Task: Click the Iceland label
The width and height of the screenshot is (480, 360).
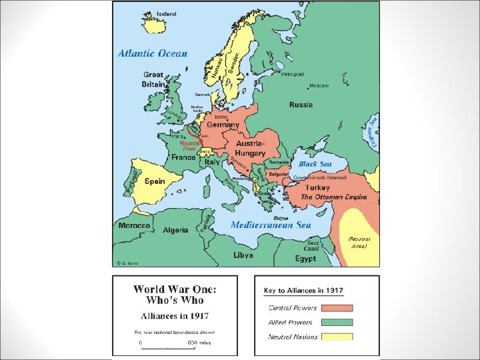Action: (x=167, y=14)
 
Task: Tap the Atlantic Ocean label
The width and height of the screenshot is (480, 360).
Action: (x=153, y=53)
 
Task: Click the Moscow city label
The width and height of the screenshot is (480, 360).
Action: (x=319, y=86)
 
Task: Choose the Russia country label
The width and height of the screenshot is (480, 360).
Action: (x=301, y=105)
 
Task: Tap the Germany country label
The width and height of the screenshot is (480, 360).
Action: (x=223, y=125)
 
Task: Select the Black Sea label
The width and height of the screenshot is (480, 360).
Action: (x=315, y=163)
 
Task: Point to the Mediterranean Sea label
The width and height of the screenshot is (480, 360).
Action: (x=271, y=225)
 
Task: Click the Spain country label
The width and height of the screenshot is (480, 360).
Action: (x=154, y=181)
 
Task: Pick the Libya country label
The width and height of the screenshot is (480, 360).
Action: (x=243, y=255)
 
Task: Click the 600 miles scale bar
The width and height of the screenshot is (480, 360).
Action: (x=167, y=347)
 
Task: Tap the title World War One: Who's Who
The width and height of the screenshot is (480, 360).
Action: (x=175, y=295)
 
